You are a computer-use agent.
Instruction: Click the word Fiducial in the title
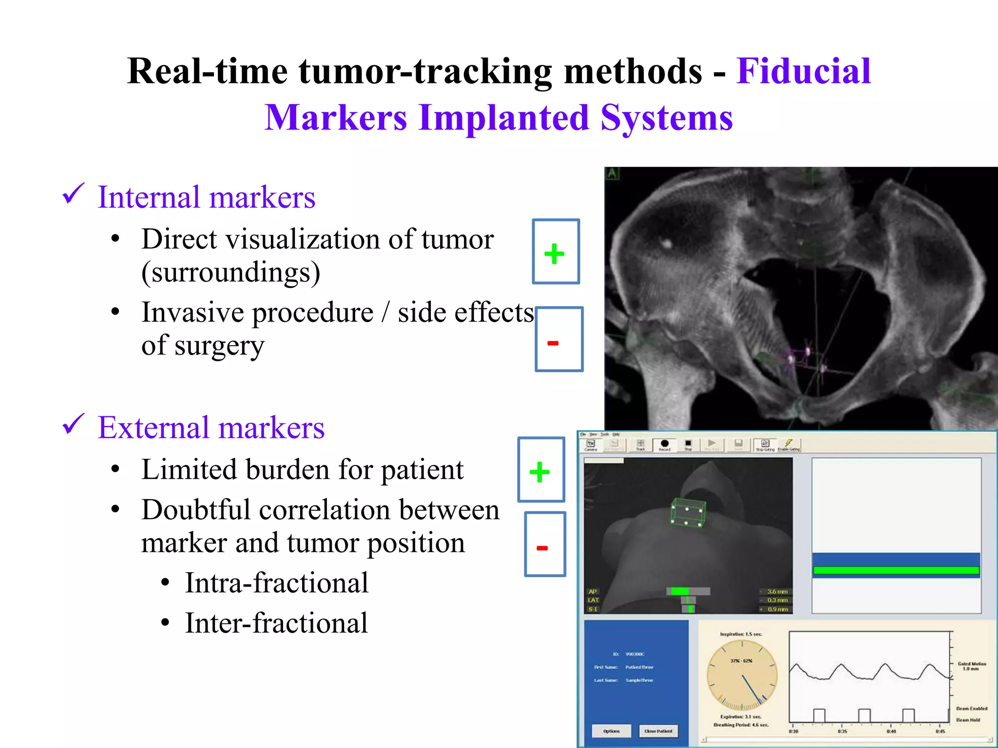coord(803,71)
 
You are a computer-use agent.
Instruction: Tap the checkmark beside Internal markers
coord(74,194)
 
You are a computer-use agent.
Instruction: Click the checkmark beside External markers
coord(74,425)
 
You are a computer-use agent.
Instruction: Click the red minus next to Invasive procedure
coord(553,343)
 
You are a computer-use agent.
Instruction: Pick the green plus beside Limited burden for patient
coord(539,471)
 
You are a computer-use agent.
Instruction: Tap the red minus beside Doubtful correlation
coord(542,548)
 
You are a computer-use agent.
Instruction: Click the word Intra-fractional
coord(276,583)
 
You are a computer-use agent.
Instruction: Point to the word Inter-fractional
coord(276,623)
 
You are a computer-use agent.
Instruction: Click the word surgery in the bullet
coord(219,346)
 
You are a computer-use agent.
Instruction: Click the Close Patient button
coord(658,730)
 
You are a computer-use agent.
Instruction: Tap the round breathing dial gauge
coord(742,675)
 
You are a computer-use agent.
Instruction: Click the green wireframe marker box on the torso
coord(688,513)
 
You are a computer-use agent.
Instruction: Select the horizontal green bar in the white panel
coord(896,570)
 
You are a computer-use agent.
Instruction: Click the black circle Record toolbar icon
coord(665,444)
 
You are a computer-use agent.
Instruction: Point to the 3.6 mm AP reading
coord(777,592)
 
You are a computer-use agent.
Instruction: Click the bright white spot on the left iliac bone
coord(667,242)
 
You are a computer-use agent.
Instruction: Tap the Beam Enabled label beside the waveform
coord(971,709)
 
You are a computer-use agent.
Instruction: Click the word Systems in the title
coord(666,118)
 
